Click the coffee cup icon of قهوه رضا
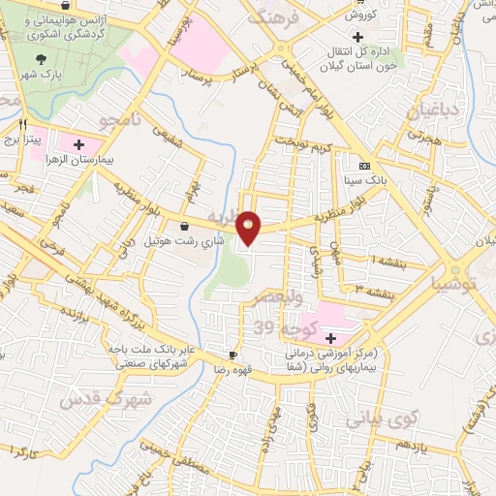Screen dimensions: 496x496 click(233, 355)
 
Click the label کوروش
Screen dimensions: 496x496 click(359, 15)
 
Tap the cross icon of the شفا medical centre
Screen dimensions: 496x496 click(331, 338)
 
